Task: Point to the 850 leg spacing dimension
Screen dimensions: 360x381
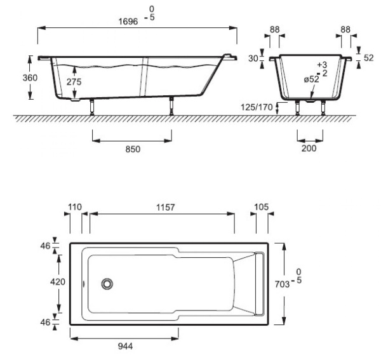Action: pyautogui.click(x=131, y=149)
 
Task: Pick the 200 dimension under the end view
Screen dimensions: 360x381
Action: pyautogui.click(x=310, y=149)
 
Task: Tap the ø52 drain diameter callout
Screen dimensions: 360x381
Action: pyautogui.click(x=311, y=79)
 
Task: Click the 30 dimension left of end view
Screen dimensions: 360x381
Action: pyautogui.click(x=252, y=58)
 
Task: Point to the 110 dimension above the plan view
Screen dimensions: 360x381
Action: pyautogui.click(x=76, y=207)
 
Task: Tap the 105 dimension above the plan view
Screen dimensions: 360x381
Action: pyautogui.click(x=261, y=207)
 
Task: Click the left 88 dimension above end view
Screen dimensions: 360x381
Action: pyautogui.click(x=275, y=29)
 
